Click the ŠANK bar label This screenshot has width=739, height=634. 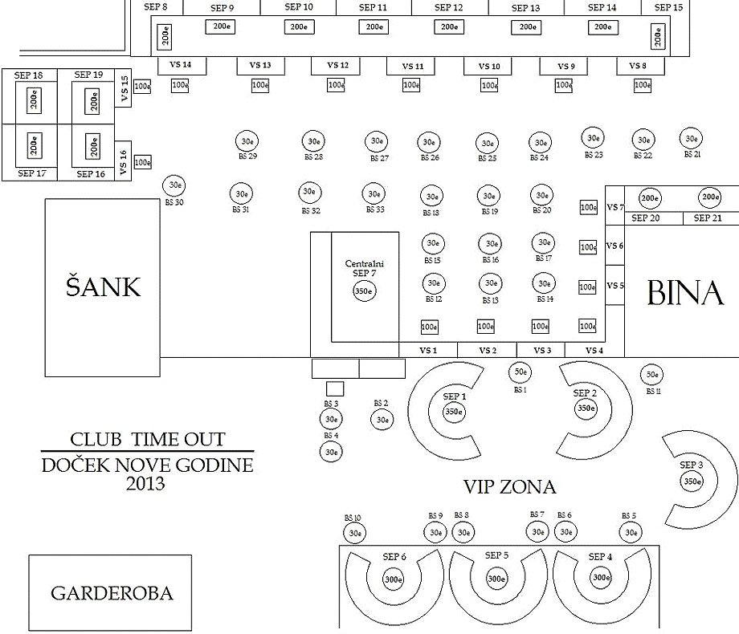[103, 287]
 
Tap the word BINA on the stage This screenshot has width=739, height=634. [684, 295]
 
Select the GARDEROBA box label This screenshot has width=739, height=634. [111, 594]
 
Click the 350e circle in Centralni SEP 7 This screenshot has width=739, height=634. [365, 291]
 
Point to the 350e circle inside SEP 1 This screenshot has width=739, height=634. [454, 412]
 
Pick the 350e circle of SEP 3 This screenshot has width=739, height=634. [691, 481]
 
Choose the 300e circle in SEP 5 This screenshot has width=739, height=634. [496, 578]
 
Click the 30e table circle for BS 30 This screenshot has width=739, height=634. [174, 185]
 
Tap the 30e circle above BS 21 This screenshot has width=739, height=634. [691, 138]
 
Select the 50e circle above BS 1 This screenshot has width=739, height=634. [520, 372]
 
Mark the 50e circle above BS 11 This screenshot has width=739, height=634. [651, 374]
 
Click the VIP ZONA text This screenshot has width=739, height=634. [509, 486]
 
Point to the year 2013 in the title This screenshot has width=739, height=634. [145, 484]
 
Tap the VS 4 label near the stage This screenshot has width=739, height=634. [594, 350]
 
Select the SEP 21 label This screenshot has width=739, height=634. [707, 218]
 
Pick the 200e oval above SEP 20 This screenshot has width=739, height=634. [649, 197]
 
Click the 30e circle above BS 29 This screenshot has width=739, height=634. [245, 141]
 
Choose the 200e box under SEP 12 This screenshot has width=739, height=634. [448, 26]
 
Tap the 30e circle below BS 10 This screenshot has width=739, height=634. [355, 532]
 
